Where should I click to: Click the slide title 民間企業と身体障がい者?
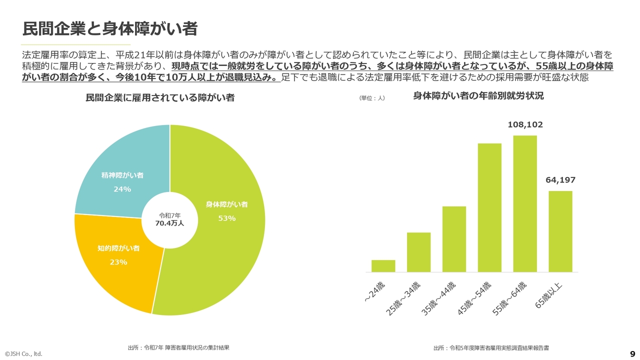(x=109, y=28)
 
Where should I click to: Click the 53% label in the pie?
(x=226, y=218)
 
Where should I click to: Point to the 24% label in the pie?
(x=122, y=189)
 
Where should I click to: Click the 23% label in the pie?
(x=118, y=262)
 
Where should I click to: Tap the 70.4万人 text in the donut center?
(x=169, y=223)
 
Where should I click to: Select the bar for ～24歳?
(x=383, y=266)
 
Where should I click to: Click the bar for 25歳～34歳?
(x=418, y=252)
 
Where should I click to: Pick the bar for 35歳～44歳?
(x=454, y=239)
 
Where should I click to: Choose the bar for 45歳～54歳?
(x=489, y=207)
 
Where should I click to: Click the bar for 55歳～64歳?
(x=525, y=203)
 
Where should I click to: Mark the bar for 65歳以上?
(x=560, y=231)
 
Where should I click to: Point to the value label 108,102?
(x=525, y=125)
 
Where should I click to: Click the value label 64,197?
(x=560, y=180)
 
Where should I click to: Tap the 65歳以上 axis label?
(x=549, y=295)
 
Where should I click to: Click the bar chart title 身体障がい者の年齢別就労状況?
(x=478, y=96)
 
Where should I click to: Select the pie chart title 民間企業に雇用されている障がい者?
(x=160, y=98)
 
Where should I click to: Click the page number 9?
(x=632, y=352)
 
